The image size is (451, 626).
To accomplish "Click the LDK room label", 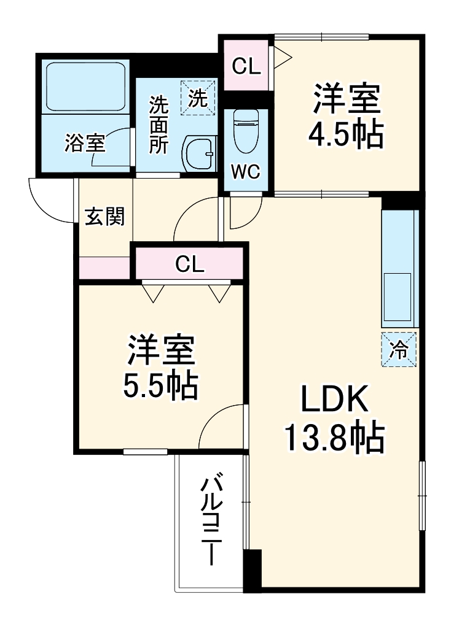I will coord(333,400).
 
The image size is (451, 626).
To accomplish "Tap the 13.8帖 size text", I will coord(333,437).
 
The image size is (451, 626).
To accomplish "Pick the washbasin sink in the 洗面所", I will coord(199,153).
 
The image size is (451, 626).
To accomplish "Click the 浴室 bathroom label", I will coord(85,144).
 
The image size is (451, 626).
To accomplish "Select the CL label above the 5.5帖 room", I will coord(189,265).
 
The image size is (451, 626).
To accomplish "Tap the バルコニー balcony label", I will coord(211,519).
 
